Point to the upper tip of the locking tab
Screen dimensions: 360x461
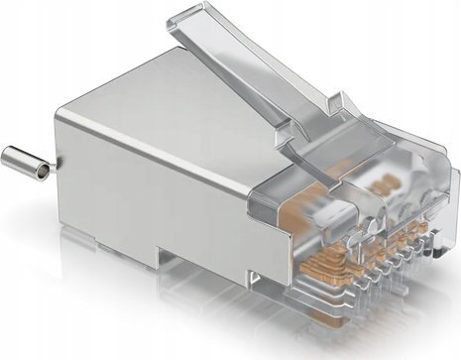click(203, 14)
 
